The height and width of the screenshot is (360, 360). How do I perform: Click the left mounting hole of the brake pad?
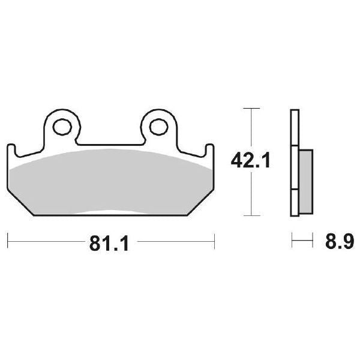click(61, 127)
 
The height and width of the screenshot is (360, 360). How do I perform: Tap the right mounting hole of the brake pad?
click(158, 127)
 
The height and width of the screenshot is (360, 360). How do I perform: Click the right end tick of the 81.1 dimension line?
click(214, 242)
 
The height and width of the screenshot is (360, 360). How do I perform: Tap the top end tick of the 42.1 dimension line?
click(251, 109)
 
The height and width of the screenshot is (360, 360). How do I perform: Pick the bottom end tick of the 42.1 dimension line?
click(251, 215)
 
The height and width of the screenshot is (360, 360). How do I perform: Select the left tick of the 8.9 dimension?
click(292, 242)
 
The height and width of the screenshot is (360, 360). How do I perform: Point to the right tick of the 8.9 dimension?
click(313, 242)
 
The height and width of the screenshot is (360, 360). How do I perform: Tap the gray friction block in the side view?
click(305, 180)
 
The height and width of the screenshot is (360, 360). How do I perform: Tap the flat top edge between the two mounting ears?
click(110, 145)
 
